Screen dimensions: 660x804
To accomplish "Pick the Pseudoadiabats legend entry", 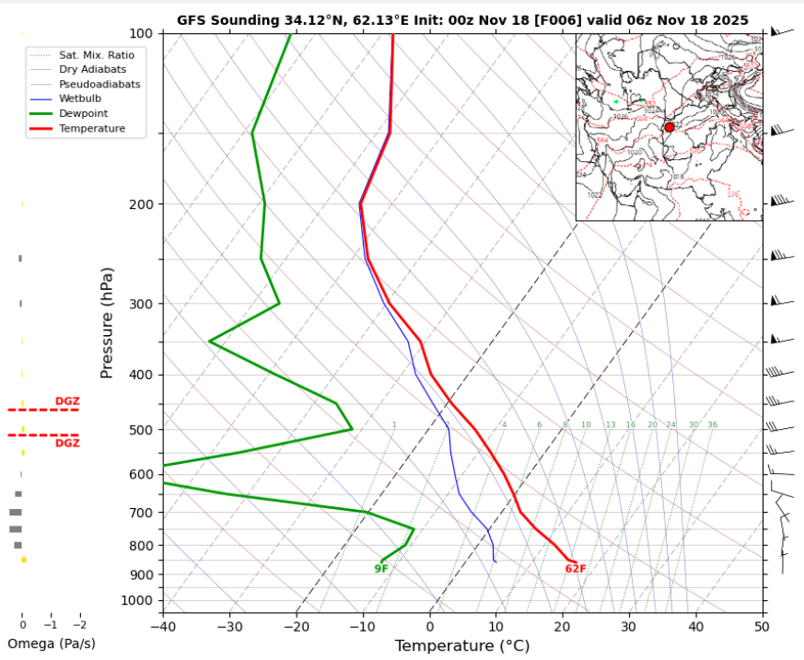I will coord(99,84).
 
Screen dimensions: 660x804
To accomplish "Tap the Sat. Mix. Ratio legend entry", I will coord(95,55).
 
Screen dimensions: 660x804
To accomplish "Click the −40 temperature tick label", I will coord(163,627).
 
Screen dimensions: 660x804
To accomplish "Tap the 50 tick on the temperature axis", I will coord(761,627).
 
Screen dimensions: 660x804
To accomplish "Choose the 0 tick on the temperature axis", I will coord(430,627).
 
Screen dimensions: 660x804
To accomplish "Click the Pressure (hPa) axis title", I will coord(107,322).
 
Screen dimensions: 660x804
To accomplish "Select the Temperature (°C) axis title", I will coord(462,646).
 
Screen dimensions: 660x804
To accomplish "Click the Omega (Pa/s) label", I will coord(52,643).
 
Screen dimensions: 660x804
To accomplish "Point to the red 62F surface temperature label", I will coord(576,569).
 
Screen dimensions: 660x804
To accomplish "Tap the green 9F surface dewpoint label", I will coord(381,569).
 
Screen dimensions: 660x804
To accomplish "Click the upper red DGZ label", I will coord(67,401).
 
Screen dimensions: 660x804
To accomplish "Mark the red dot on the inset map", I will coord(670,127).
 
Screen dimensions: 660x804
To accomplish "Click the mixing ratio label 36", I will coord(712,425).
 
